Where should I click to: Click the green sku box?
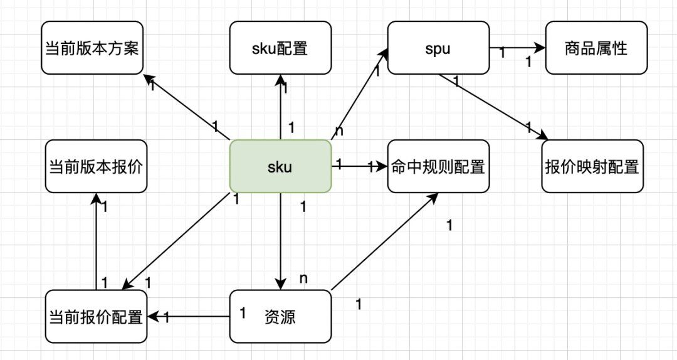click(280, 166)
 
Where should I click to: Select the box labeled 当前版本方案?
click(93, 48)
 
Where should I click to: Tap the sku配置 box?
click(280, 48)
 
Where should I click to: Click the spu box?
click(438, 48)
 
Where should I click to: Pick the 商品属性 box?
click(596, 48)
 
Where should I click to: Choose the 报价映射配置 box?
click(592, 166)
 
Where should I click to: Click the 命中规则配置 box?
click(438, 166)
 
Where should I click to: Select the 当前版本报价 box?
click(96, 166)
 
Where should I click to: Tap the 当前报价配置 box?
click(96, 316)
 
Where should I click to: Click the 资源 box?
click(280, 316)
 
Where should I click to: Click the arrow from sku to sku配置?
click(280, 107)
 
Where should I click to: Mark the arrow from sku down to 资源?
click(280, 241)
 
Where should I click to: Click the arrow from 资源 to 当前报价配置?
click(194, 316)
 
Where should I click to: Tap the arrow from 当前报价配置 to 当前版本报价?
click(96, 241)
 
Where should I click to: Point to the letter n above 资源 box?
click(303, 278)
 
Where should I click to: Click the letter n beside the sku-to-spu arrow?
click(339, 130)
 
